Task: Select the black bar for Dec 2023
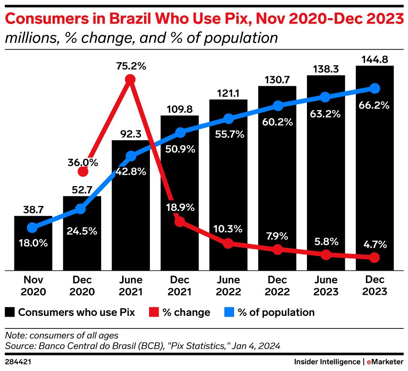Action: point(374,168)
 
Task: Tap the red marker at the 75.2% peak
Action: point(130,79)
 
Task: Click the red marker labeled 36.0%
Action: point(83,171)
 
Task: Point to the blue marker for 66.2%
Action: point(374,88)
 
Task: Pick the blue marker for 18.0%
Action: point(32,228)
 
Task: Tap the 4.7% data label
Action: point(374,244)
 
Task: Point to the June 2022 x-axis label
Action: point(229,286)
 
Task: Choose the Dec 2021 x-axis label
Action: point(179,286)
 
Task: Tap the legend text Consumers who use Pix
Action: point(76,312)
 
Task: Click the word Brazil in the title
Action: point(131,19)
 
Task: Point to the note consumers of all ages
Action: point(62,336)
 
